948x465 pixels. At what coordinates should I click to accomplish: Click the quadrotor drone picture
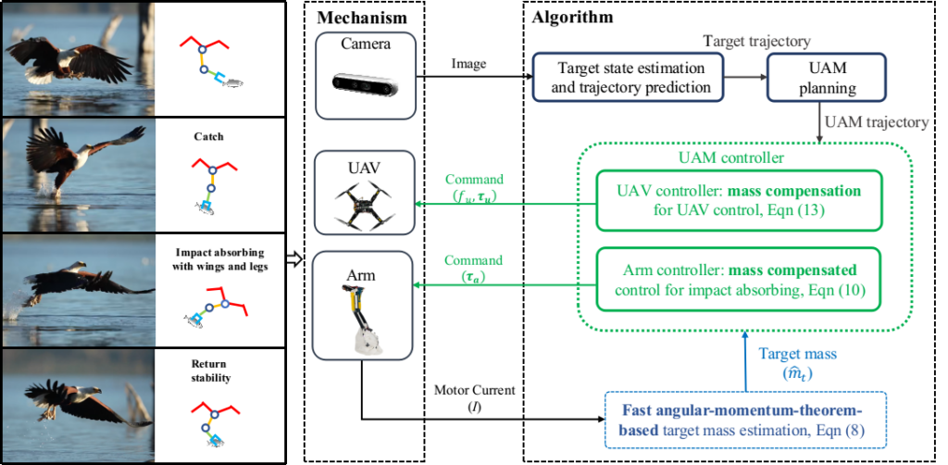365,205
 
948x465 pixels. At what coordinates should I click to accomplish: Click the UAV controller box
738,200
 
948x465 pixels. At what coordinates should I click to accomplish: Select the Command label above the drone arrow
474,179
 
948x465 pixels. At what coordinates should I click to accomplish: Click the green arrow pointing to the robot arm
499,286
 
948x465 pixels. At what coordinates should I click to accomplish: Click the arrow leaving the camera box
473,77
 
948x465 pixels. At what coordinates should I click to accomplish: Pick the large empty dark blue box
627,76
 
